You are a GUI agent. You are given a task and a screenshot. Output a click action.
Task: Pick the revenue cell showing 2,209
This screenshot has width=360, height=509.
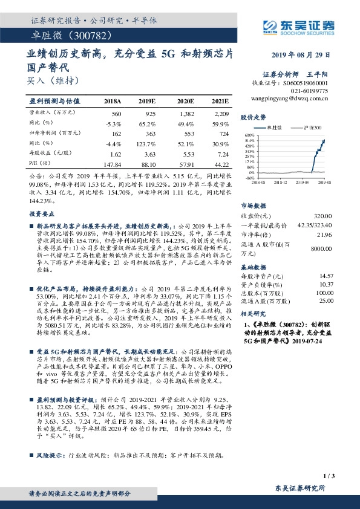[221, 114]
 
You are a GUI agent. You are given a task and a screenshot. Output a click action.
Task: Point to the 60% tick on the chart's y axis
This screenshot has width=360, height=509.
[249, 136]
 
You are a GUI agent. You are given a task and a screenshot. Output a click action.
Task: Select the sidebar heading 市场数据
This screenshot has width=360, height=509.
[254, 205]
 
